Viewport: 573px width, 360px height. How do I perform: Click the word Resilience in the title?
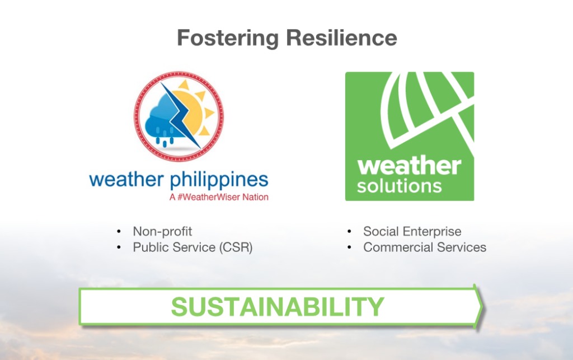tap(341, 38)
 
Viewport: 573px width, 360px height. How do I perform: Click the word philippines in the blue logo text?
tap(219, 180)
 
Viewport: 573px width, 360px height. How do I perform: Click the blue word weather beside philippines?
tap(126, 180)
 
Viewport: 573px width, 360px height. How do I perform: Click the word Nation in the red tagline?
tap(255, 198)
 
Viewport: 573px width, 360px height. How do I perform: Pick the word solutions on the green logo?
tap(399, 186)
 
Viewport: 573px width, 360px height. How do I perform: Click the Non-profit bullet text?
tap(162, 231)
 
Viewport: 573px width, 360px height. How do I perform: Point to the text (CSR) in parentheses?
tap(236, 247)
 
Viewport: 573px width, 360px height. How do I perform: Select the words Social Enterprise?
tap(412, 231)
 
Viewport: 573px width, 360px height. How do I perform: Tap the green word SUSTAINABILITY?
tap(278, 307)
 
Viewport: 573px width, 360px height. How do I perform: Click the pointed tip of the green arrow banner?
tap(483, 307)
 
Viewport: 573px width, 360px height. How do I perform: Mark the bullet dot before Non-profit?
tap(119, 231)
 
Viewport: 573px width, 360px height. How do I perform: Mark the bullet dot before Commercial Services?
tap(349, 247)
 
